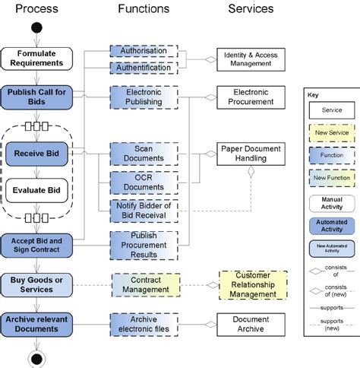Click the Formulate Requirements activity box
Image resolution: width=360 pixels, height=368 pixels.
tap(36, 58)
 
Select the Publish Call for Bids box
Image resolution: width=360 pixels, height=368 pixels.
tap(36, 97)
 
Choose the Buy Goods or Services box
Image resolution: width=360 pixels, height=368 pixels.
tap(36, 284)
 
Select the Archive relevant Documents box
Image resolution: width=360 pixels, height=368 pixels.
tap(36, 325)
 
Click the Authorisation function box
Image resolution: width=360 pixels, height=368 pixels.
tap(144, 51)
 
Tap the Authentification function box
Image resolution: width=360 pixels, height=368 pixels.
tap(144, 68)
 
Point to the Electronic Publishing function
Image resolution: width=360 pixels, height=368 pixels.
tap(144, 97)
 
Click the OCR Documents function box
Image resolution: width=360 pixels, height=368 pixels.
tap(144, 182)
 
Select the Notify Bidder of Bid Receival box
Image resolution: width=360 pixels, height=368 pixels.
tap(144, 211)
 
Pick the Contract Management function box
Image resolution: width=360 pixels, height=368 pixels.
tap(144, 284)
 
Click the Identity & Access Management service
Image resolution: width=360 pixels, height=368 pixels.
tap(251, 59)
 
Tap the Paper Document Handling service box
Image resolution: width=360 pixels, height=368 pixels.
tap(251, 153)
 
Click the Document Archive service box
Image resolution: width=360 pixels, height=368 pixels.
tap(251, 325)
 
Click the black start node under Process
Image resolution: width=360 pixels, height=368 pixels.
tap(36, 30)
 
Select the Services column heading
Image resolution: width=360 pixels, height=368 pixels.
tap(251, 9)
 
